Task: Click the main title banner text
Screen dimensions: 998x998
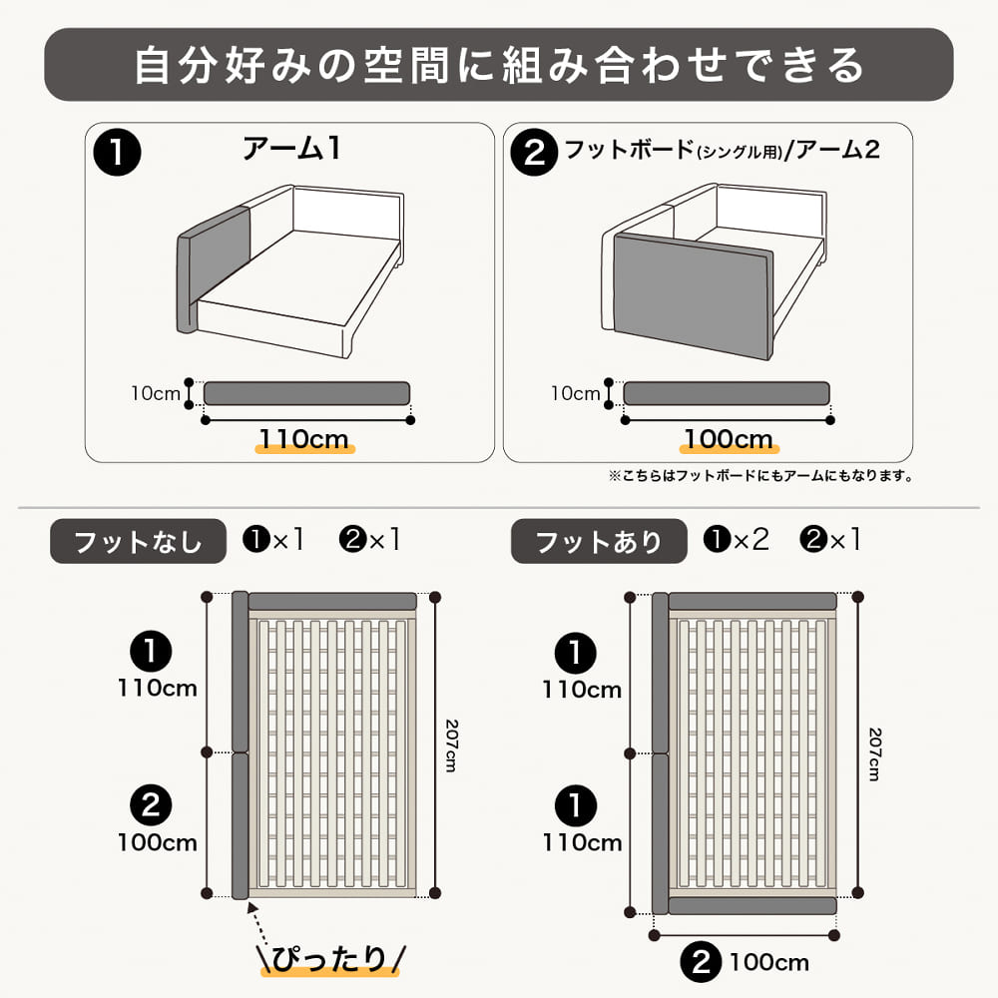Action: click(498, 65)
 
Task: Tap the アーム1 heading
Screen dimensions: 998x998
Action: click(292, 149)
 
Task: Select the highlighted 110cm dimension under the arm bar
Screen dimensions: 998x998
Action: click(304, 439)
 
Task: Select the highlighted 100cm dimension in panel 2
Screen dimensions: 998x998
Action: click(729, 439)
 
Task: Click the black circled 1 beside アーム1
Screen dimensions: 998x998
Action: click(117, 153)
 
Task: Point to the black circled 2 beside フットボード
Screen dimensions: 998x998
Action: click(535, 153)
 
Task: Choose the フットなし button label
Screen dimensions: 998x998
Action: click(138, 542)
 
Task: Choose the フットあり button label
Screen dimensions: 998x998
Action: click(599, 542)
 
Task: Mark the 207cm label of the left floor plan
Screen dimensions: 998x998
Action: click(451, 746)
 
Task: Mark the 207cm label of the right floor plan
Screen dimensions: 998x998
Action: click(875, 754)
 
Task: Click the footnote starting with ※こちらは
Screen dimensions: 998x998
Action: click(760, 475)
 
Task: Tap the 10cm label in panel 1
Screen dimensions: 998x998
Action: click(156, 393)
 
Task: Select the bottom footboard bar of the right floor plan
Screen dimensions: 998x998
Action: click(752, 906)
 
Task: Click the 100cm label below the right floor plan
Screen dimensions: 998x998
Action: click(768, 962)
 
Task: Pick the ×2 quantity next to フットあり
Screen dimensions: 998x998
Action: click(751, 540)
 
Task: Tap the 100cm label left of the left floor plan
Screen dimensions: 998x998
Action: click(158, 842)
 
